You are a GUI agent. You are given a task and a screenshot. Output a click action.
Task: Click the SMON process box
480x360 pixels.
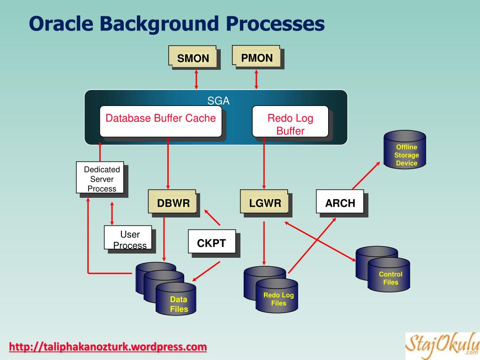click(193, 58)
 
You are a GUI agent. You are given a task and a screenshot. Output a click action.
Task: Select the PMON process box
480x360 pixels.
click(256, 57)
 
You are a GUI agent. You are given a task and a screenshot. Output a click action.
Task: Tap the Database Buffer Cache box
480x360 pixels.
click(161, 121)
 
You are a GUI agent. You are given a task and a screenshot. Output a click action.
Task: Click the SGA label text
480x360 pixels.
click(218, 101)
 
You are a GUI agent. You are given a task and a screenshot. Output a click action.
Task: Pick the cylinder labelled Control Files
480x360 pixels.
click(389, 277)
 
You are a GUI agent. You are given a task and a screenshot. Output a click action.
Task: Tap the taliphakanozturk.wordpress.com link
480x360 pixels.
click(108, 347)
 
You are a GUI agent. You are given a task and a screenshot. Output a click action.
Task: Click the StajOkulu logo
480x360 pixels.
click(442, 344)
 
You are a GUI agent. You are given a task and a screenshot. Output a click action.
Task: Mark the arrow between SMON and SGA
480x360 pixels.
click(196, 79)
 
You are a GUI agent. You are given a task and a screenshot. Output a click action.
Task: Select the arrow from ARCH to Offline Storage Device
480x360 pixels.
click(367, 176)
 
